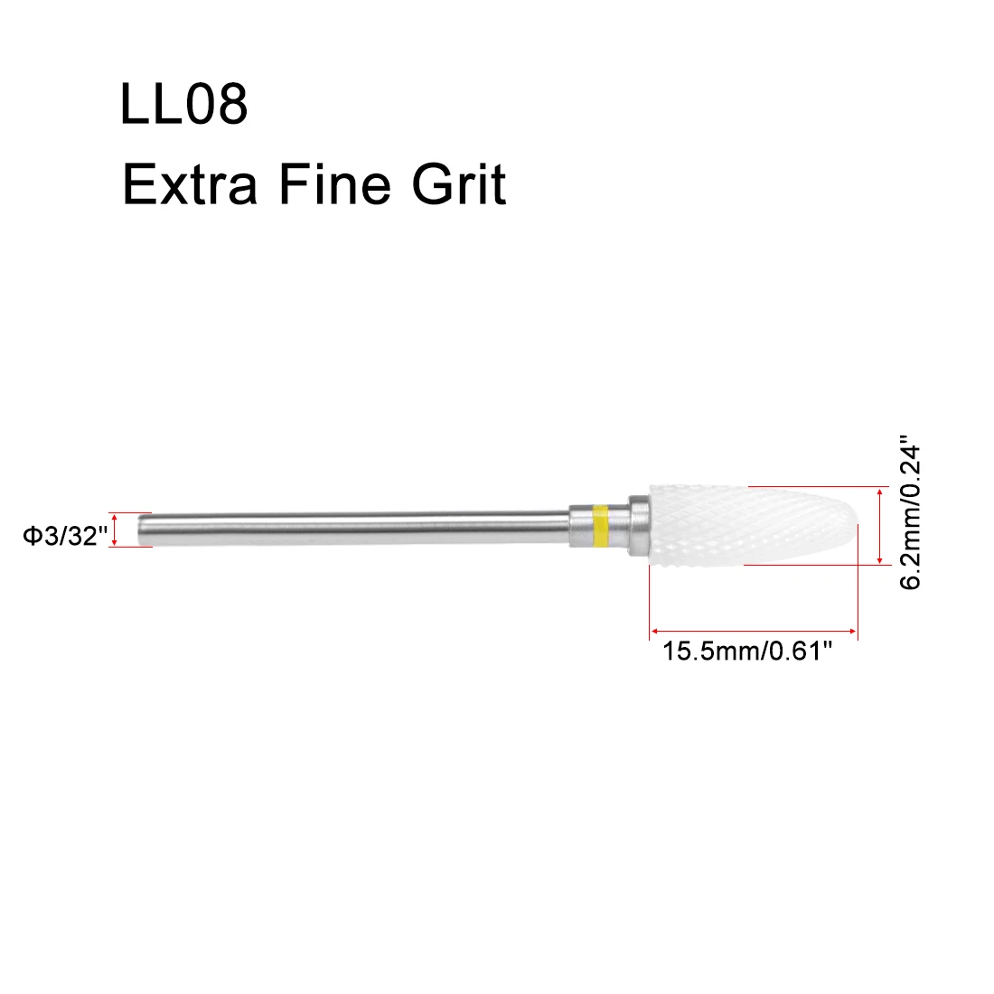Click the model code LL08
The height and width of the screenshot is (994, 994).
(183, 103)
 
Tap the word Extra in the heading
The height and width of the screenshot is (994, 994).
(190, 184)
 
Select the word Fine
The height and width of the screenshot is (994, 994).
(335, 183)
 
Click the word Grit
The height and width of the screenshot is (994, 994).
(459, 183)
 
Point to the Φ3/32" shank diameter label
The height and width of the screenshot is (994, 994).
(65, 536)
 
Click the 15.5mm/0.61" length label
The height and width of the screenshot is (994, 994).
(746, 651)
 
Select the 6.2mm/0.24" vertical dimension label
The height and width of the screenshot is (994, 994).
(910, 512)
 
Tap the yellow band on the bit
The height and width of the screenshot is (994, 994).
(599, 526)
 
